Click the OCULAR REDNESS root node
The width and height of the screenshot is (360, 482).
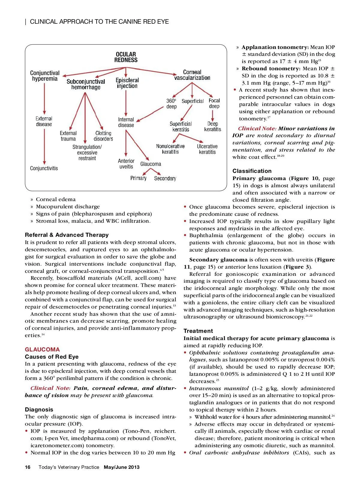(126, 57)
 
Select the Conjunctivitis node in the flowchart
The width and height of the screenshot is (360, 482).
(44, 168)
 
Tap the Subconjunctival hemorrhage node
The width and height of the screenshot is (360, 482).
(86, 84)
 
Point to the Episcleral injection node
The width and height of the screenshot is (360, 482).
(127, 83)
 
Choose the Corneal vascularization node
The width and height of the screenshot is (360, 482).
(192, 75)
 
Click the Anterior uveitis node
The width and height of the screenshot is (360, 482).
(126, 164)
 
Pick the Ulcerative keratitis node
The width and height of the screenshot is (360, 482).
(207, 149)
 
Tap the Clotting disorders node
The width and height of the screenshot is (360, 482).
(103, 136)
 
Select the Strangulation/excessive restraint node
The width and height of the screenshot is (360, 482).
(87, 152)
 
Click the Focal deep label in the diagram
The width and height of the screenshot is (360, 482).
(214, 104)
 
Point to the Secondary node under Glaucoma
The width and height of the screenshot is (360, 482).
(165, 179)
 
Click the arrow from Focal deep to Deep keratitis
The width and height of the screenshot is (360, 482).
(213, 115)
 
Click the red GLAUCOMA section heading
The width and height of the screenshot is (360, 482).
(42, 350)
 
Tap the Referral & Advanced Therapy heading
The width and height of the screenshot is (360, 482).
(67, 235)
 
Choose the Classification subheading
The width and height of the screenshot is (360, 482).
(252, 171)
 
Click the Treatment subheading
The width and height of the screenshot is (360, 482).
(198, 331)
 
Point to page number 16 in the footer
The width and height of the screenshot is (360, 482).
(28, 467)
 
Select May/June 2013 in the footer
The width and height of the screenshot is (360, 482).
(121, 467)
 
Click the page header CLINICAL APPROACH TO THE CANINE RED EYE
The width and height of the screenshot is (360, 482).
(99, 22)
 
